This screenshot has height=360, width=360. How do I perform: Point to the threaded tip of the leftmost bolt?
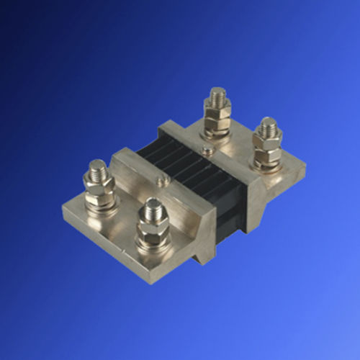point(97,171)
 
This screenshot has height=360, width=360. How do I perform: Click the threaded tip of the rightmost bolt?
point(268,125)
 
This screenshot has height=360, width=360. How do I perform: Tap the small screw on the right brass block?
point(207,150)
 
